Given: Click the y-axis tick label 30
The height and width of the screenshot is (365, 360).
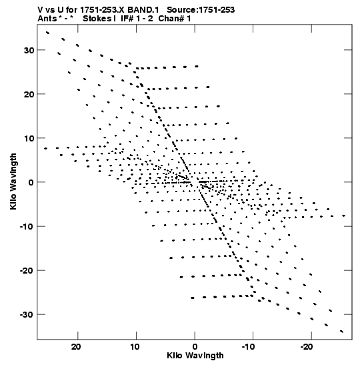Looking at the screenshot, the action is tap(29, 50).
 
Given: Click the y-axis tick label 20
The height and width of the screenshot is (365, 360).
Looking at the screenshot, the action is tap(29, 94).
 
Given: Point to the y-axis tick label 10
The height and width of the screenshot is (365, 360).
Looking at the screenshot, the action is tap(29, 138).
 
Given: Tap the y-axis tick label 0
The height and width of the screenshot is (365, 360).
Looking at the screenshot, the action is tap(31, 183).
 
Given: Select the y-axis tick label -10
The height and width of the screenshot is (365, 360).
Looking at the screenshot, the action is tap(27, 226).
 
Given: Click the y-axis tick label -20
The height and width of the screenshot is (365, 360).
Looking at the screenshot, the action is tap(27, 271).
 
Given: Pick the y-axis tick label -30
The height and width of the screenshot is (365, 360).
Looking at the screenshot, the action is tap(27, 315).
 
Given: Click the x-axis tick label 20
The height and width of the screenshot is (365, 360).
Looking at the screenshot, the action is tap(76, 347).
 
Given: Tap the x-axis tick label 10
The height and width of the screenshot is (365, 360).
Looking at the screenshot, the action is tap(135, 347).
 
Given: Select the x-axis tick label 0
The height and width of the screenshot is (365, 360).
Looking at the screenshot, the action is tap(195, 347).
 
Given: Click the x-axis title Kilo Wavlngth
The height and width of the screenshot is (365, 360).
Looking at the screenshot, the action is tap(195, 356).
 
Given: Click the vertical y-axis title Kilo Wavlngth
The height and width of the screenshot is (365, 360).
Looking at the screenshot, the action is tap(13, 181).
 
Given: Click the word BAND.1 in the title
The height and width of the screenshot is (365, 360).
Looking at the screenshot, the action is tap(143, 10).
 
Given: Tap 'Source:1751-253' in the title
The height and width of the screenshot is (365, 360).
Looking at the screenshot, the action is tap(201, 10).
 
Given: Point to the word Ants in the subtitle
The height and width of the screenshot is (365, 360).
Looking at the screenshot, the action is tap(47, 19).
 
